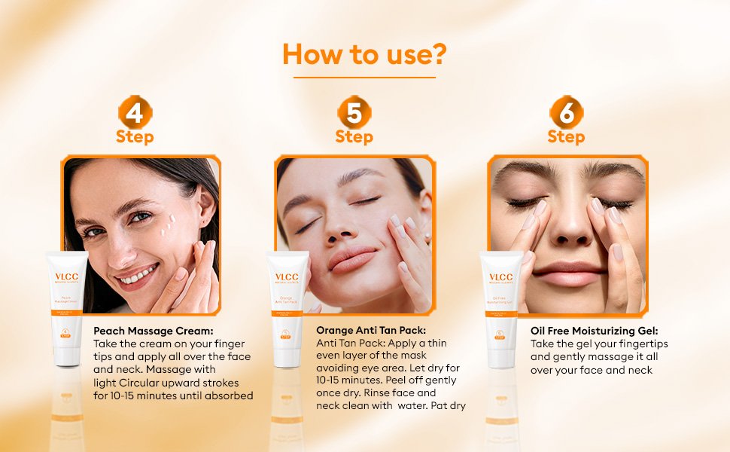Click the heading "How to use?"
click(x=364, y=54)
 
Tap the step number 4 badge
click(x=135, y=114)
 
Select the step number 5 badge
click(x=354, y=114)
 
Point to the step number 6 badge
click(x=566, y=114)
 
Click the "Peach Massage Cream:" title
click(x=154, y=331)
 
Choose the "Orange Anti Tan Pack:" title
click(x=371, y=330)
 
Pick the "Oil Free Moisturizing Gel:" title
click(x=595, y=331)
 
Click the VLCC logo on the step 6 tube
click(x=501, y=277)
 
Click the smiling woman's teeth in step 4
click(x=138, y=276)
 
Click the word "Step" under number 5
click(x=354, y=137)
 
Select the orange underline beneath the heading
click(x=364, y=77)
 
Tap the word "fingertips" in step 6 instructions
click(x=642, y=344)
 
